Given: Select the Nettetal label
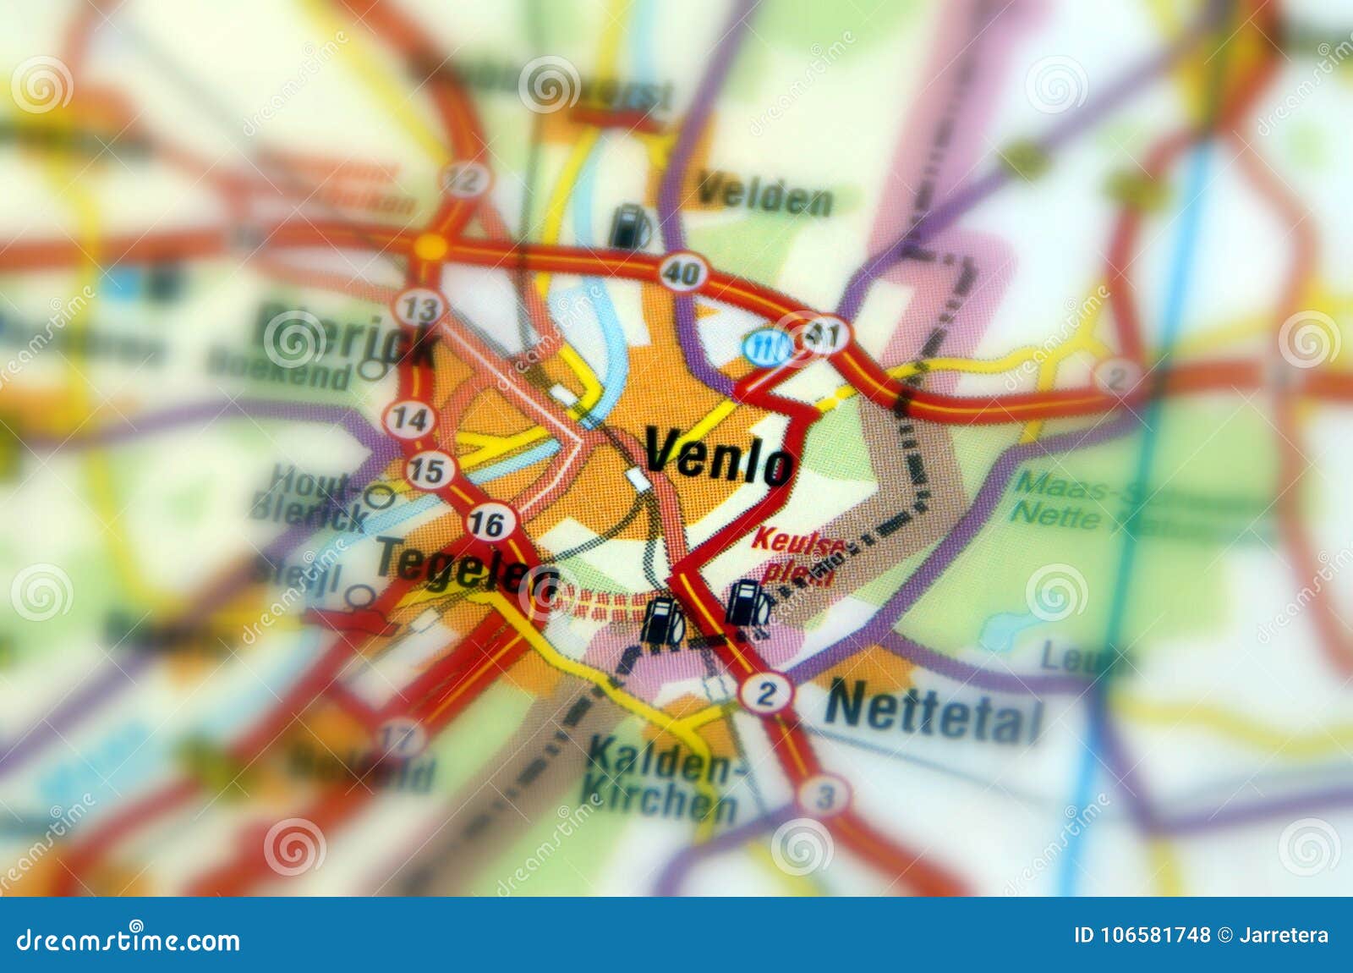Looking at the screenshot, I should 934,712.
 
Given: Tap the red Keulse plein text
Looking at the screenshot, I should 797,554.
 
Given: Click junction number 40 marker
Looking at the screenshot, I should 682,272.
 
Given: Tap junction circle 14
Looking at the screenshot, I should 410,419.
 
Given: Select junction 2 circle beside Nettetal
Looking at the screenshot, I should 766,694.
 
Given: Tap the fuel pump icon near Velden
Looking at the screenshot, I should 630,226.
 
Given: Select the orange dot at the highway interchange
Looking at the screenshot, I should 430,247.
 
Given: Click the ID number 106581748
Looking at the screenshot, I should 1142,935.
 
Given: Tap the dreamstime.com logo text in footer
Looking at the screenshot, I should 128,939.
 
